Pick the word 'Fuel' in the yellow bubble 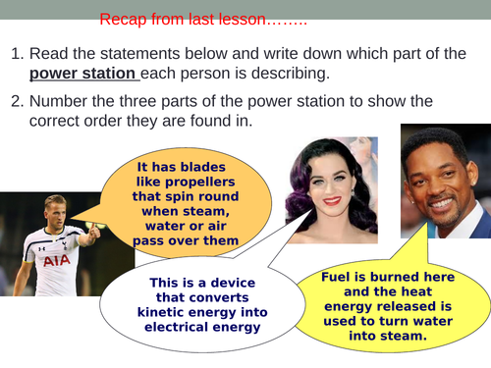pos(337,277)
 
